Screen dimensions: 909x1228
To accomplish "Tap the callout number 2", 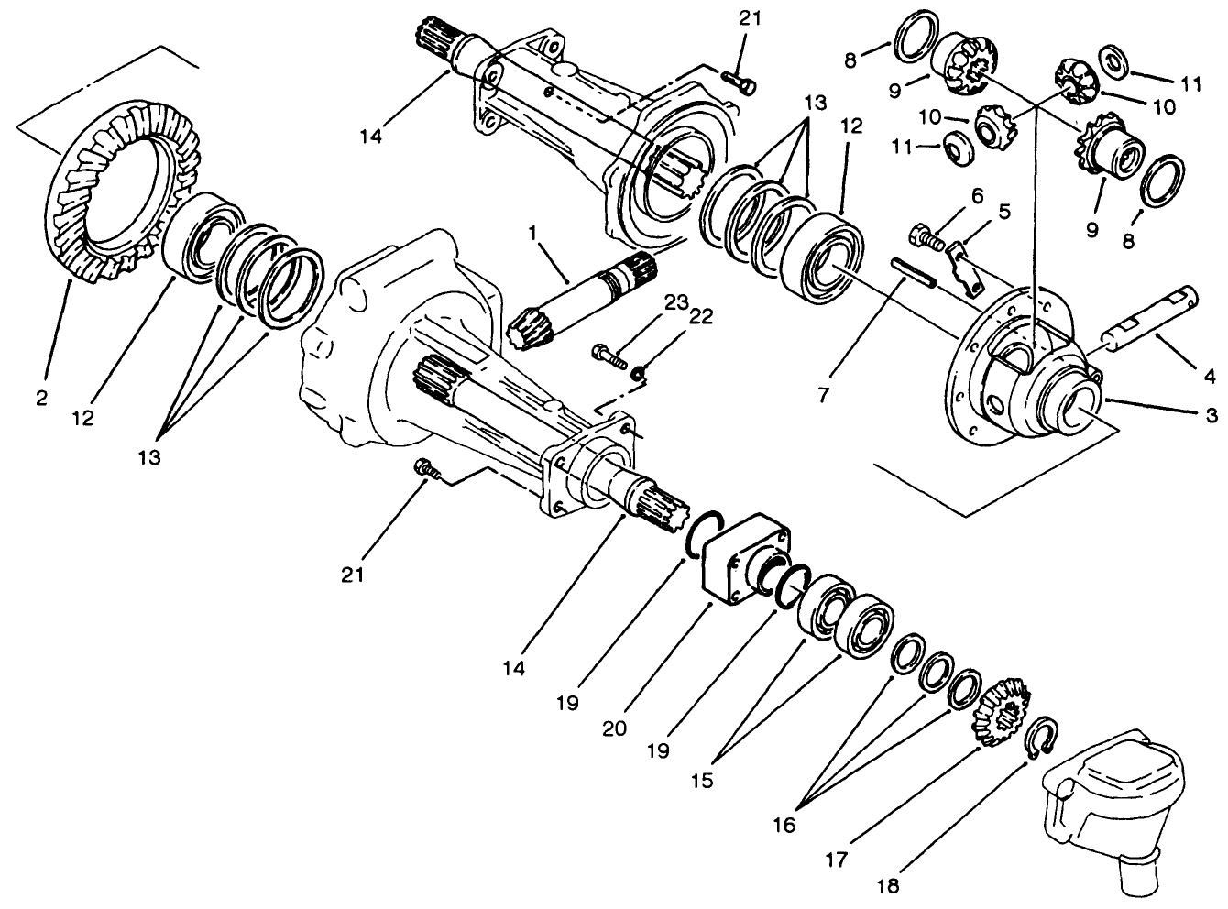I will click(x=41, y=398).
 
